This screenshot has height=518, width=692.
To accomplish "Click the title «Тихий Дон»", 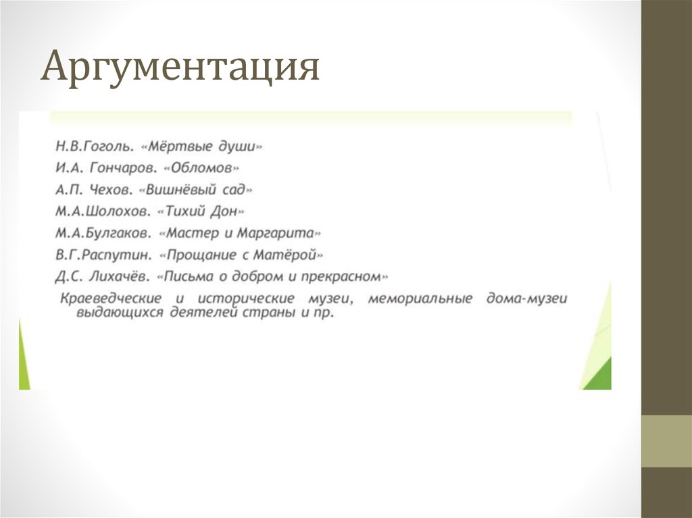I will (200, 211).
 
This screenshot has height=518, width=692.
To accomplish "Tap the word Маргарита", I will (282, 233).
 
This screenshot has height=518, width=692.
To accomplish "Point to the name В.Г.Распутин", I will (103, 255).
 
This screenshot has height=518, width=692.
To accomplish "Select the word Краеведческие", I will (111, 298).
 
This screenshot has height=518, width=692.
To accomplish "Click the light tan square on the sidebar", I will (666, 441).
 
